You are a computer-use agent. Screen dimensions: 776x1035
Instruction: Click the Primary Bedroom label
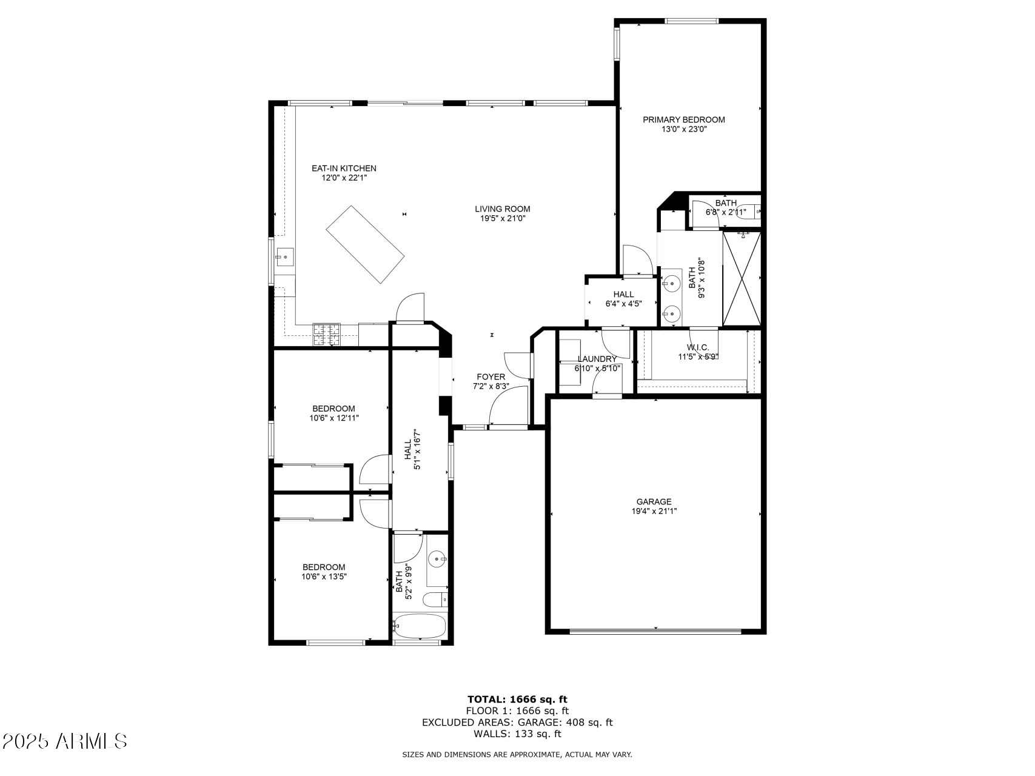point(683,119)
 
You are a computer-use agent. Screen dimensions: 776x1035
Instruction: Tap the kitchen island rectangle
point(365,244)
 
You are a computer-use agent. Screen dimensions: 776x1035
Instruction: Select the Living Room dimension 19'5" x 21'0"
point(503,218)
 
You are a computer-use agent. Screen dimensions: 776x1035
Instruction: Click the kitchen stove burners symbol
point(326,335)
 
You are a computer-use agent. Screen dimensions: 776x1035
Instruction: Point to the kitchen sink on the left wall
point(284,258)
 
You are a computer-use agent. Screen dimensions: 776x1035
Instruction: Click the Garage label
point(654,501)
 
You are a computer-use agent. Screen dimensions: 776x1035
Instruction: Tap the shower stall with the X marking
point(742,279)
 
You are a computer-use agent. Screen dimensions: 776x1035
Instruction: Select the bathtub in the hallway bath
point(420,627)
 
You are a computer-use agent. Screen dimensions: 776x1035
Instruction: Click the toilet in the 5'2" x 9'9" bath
point(435,601)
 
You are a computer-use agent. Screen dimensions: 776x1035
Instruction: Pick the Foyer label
point(491,376)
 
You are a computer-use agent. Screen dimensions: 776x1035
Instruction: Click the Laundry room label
point(597,359)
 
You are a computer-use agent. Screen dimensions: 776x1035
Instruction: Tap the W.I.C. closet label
point(698,347)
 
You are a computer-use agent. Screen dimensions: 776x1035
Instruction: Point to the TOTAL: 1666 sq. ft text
point(517,699)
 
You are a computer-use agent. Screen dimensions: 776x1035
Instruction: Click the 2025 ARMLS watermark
point(64,741)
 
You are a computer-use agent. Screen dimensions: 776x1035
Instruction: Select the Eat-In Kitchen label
point(344,168)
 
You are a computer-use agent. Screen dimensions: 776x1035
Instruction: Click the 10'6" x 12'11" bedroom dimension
point(334,418)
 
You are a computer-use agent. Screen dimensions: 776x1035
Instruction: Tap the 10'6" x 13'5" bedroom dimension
point(324,577)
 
